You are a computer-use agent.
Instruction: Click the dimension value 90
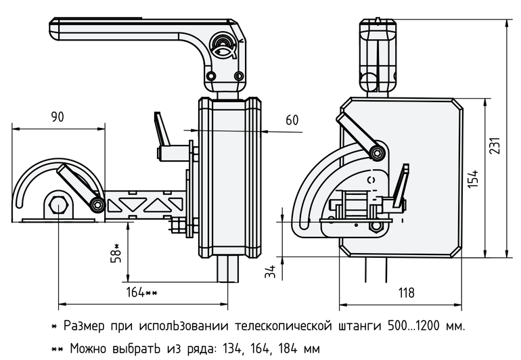tap(58, 117)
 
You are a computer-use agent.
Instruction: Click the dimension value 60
tap(292, 120)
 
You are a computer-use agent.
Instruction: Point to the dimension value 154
tap(473, 179)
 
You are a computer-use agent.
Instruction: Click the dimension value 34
tap(270, 272)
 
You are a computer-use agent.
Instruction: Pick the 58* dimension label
tap(116, 253)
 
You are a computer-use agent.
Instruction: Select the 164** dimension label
tap(141, 292)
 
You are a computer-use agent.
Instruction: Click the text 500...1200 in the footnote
tap(415, 325)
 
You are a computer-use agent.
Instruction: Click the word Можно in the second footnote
tap(87, 349)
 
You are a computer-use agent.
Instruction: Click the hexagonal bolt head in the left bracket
tap(58, 205)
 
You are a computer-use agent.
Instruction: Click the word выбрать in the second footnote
tap(131, 349)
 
